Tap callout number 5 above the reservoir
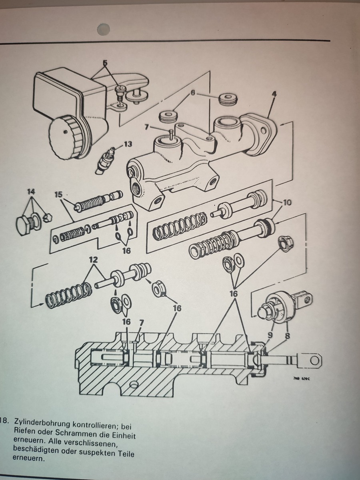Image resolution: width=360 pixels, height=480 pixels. point(105,63)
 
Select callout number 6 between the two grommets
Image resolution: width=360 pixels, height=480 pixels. point(193,93)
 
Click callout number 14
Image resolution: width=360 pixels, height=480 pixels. point(31,192)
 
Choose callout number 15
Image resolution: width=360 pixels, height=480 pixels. point(58,195)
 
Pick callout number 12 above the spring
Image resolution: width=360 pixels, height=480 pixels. point(93,260)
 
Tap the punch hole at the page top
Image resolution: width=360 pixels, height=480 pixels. point(104,28)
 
